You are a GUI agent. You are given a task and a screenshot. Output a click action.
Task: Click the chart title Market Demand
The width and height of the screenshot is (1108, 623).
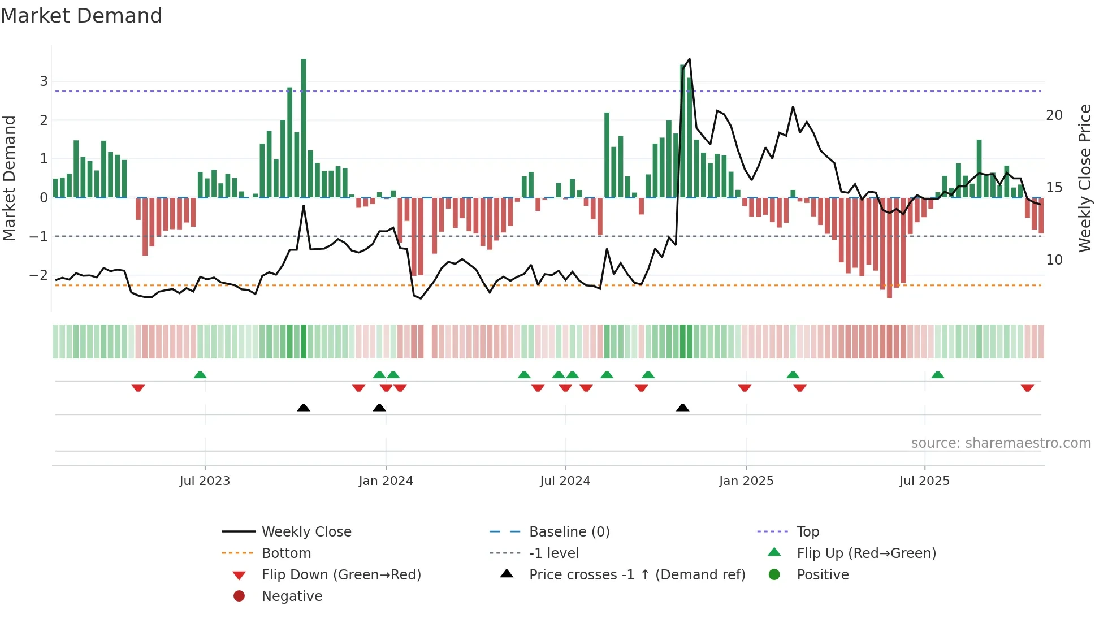pyautogui.click(x=81, y=16)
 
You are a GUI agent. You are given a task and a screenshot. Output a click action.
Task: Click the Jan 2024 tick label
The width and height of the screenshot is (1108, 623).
pyautogui.click(x=386, y=481)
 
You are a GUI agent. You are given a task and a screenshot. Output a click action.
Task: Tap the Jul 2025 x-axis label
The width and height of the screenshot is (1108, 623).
pyautogui.click(x=924, y=481)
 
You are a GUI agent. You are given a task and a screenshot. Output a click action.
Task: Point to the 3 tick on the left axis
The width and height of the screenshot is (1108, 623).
pyautogui.click(x=44, y=81)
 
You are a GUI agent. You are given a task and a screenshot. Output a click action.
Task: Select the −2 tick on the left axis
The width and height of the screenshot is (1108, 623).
pyautogui.click(x=38, y=275)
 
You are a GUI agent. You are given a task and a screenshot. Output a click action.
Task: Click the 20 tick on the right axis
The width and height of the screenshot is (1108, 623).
pyautogui.click(x=1054, y=115)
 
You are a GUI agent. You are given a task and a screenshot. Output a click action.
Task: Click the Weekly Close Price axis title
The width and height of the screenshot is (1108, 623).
pyautogui.click(x=1084, y=178)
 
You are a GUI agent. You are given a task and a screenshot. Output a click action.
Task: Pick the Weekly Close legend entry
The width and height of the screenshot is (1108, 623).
pyautogui.click(x=306, y=532)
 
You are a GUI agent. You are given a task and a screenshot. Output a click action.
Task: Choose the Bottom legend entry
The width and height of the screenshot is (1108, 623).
pyautogui.click(x=286, y=553)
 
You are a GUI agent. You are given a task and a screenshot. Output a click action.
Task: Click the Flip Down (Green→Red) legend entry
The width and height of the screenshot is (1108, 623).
pyautogui.click(x=341, y=575)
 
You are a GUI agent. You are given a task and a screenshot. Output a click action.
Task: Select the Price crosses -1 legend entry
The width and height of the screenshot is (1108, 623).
pyautogui.click(x=637, y=575)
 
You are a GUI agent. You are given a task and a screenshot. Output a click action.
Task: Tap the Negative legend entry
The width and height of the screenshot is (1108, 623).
pyautogui.click(x=292, y=596)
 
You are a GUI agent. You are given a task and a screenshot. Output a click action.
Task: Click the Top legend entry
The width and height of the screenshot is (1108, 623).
pyautogui.click(x=808, y=532)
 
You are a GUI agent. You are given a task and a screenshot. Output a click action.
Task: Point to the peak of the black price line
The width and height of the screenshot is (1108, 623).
pyautogui.click(x=689, y=59)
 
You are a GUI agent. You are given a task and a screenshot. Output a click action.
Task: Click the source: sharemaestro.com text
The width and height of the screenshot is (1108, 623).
pyautogui.click(x=1001, y=443)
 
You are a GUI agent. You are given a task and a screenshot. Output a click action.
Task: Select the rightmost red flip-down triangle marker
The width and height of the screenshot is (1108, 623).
pyautogui.click(x=1027, y=388)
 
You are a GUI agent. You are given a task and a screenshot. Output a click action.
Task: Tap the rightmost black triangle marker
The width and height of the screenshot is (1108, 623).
pyautogui.click(x=682, y=408)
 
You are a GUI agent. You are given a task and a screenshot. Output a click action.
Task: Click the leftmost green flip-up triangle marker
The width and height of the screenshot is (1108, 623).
pyautogui.click(x=200, y=375)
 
